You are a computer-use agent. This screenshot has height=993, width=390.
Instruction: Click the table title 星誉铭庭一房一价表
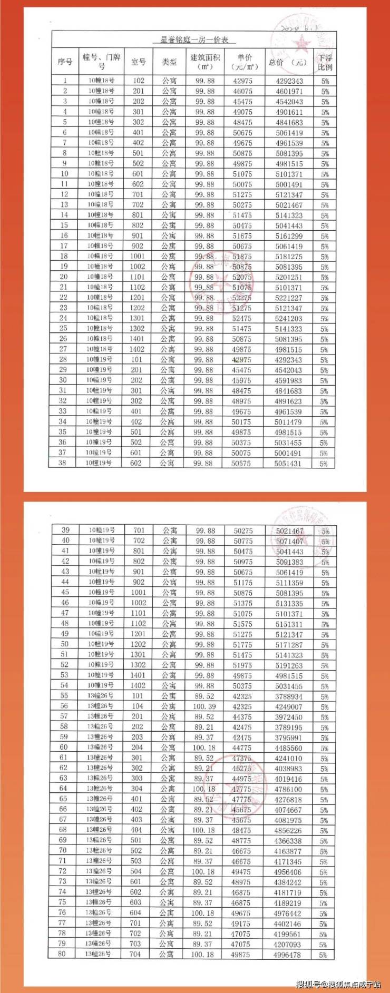[198, 40]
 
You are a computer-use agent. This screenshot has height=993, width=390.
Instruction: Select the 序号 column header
[65, 62]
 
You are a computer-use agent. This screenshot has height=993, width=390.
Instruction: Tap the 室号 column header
[138, 62]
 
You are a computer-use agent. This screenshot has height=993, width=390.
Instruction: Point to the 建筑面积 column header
[204, 62]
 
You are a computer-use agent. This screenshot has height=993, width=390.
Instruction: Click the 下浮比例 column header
[325, 62]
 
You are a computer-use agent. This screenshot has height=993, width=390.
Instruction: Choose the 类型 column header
[169, 62]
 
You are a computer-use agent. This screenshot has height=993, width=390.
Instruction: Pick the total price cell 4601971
[289, 91]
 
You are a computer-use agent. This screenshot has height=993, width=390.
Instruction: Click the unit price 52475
[242, 318]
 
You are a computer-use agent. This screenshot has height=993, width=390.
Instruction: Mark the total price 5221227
[289, 298]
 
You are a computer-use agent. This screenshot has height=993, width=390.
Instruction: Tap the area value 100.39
[204, 706]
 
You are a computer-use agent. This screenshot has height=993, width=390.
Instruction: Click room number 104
[138, 706]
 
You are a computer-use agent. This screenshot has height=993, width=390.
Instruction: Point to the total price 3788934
[288, 696]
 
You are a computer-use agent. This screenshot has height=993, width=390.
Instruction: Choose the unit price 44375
[242, 717]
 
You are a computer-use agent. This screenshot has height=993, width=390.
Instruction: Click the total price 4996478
[287, 955]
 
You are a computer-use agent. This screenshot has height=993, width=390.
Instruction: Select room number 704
[135, 954]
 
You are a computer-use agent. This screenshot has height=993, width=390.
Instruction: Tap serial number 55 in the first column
[64, 696]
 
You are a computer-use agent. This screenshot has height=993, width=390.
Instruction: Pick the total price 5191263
[288, 665]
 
